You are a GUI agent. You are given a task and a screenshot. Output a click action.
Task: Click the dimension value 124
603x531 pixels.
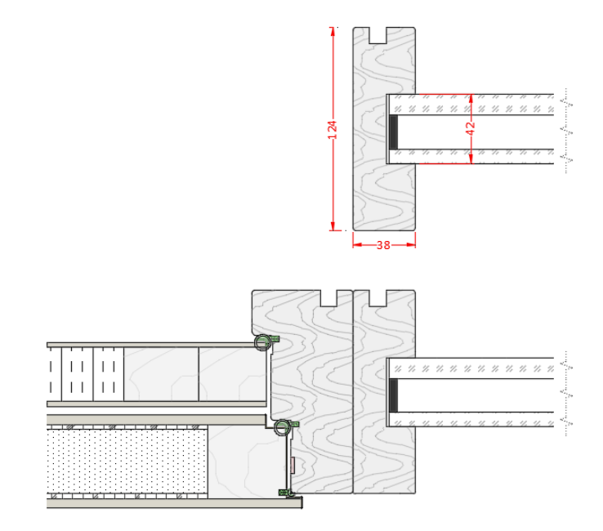point(333,130)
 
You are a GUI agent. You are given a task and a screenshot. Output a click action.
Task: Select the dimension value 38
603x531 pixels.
point(383,245)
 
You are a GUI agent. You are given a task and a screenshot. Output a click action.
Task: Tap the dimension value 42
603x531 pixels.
point(471,128)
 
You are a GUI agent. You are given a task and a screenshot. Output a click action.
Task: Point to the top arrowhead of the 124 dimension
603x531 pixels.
point(333,31)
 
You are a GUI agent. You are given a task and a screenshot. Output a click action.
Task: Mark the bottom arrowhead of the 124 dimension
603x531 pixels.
point(333,226)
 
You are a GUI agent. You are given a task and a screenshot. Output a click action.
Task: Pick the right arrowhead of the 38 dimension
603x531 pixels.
point(411,244)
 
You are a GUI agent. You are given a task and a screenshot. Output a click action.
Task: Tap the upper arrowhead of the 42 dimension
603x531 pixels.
point(471,98)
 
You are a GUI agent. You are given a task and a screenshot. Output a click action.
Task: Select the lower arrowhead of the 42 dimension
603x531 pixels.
point(471,159)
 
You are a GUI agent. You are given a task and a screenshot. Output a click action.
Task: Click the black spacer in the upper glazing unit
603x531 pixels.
point(393,132)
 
